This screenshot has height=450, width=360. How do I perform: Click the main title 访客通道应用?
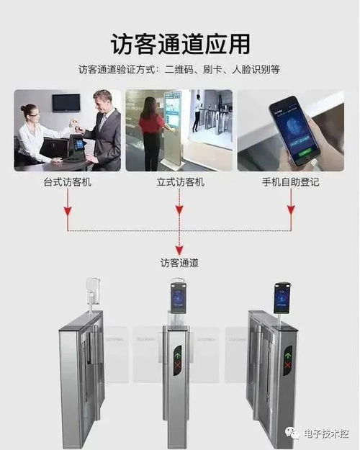(x=180, y=43)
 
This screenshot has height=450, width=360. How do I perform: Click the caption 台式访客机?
(x=67, y=182)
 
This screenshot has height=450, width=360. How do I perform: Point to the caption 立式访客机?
(x=180, y=182)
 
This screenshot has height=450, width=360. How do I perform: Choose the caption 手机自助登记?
(x=290, y=182)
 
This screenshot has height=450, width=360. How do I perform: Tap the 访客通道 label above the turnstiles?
(x=179, y=264)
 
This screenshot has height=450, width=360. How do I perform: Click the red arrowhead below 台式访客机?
(x=68, y=212)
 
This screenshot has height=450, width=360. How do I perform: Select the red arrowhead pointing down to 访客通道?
(x=179, y=248)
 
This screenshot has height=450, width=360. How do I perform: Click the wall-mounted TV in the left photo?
(x=66, y=102)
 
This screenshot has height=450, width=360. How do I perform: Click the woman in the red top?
(x=151, y=133)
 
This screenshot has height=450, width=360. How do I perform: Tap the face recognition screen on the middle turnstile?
(x=178, y=299)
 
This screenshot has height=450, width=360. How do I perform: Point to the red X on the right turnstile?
(x=288, y=366)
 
